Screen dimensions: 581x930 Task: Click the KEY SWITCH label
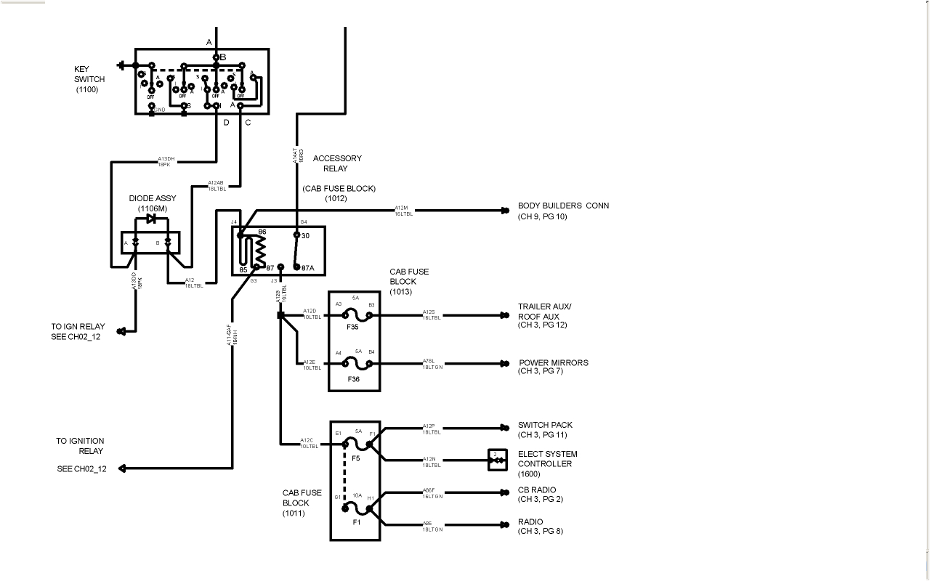click(x=89, y=79)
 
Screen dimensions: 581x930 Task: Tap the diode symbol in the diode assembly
click(x=151, y=218)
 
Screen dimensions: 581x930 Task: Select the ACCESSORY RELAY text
click(x=336, y=163)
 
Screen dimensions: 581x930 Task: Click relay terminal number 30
click(x=305, y=235)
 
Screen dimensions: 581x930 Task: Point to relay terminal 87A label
click(x=307, y=268)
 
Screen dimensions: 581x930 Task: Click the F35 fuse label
click(x=353, y=328)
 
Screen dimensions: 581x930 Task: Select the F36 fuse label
click(x=353, y=379)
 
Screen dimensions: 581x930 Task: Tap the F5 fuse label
click(x=355, y=459)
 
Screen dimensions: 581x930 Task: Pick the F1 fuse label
click(x=356, y=522)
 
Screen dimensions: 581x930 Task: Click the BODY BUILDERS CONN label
click(x=563, y=206)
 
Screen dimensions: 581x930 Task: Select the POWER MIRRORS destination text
click(x=553, y=362)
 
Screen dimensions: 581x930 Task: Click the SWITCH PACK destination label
click(x=545, y=425)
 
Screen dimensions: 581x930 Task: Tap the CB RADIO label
click(x=536, y=490)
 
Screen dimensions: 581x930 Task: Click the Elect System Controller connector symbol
click(x=496, y=459)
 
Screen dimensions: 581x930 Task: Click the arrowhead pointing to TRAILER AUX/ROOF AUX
click(x=504, y=316)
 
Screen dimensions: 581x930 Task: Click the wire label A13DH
click(x=166, y=159)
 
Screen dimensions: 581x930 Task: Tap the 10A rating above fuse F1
click(x=357, y=495)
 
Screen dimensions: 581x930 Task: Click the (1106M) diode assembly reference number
click(x=152, y=208)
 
